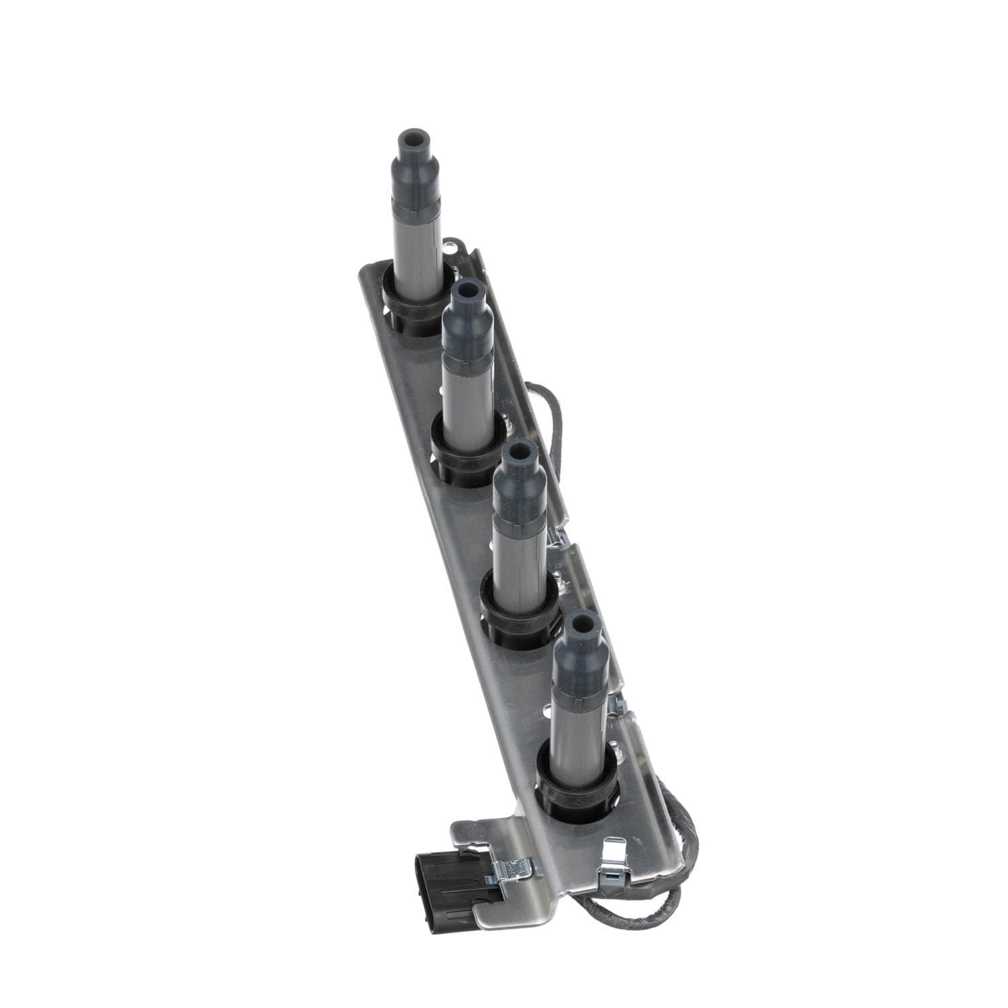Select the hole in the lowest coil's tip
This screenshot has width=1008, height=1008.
[577, 623]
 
